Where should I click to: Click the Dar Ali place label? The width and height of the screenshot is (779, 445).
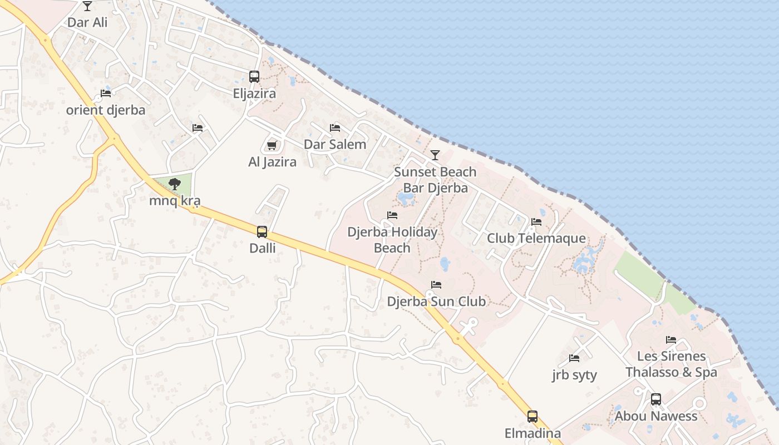87,22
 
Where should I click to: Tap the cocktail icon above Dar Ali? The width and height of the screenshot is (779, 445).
87,6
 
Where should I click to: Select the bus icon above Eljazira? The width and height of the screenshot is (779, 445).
254,77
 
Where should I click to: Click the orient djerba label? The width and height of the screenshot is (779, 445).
106,110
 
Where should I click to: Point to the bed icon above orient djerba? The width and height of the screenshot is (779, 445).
106,93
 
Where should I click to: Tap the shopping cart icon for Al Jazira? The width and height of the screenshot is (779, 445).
272,145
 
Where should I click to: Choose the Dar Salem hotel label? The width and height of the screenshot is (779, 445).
335,144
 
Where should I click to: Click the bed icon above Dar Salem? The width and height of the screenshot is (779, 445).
335,128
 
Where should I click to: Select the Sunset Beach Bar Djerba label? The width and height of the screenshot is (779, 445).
435,180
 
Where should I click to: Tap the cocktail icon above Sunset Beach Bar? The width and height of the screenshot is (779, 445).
435,155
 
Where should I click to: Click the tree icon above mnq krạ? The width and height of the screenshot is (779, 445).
175,184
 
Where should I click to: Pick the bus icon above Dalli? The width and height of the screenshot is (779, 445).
262,231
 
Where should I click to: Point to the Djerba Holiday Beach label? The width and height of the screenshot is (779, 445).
392,240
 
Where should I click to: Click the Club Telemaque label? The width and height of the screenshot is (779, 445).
536,238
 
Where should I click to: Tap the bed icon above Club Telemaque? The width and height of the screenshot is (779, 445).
536,221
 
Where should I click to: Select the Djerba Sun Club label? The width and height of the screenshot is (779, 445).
436,301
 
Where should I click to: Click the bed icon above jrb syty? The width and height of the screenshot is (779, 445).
574,358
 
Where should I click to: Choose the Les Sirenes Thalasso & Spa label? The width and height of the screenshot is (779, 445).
671,364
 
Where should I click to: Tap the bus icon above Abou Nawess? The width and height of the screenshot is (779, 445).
656,399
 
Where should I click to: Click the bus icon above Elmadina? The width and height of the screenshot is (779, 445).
533,416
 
